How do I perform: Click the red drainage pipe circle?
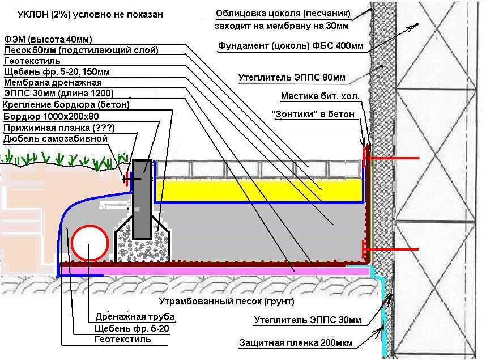click(x=71, y=243)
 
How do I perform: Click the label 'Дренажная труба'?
click(x=135, y=316)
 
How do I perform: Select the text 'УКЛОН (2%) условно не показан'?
click(x=90, y=15)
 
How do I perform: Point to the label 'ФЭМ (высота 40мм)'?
click(x=48, y=40)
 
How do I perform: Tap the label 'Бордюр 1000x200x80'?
click(x=51, y=116)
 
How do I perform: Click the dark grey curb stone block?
click(x=142, y=200)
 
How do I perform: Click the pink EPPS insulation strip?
click(x=214, y=271)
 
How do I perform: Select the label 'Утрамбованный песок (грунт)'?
click(x=227, y=301)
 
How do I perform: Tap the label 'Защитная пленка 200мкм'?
click(x=296, y=342)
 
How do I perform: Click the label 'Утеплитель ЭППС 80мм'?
click(x=292, y=77)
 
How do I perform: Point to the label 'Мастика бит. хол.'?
click(x=320, y=96)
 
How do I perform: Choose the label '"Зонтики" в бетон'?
click(x=313, y=114)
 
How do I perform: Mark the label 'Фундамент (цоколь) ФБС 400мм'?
click(x=291, y=45)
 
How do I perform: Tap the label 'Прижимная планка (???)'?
click(x=59, y=128)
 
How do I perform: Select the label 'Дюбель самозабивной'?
click(x=56, y=138)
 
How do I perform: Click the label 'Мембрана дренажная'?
click(x=53, y=83)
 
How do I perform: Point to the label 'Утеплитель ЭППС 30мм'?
click(x=308, y=320)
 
